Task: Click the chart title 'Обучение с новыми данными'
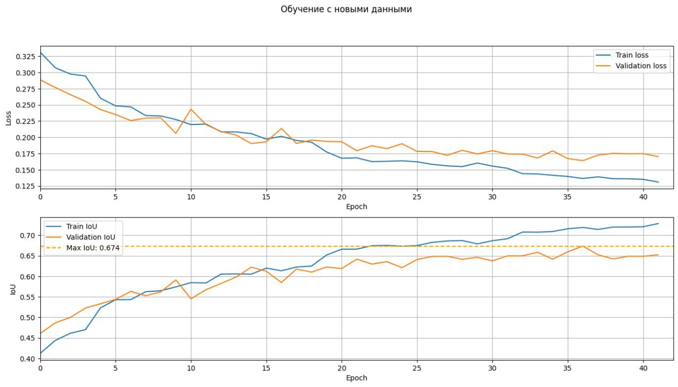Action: (346, 9)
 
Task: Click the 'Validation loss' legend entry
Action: (640, 66)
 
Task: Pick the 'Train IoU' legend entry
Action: (82, 227)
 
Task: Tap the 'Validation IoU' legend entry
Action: (90, 237)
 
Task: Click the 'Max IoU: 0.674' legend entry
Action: (93, 248)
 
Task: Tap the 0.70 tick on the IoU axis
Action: (29, 236)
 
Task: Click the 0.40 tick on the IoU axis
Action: (29, 359)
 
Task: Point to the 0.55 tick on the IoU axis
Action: (29, 297)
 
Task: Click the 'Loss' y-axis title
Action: (8, 118)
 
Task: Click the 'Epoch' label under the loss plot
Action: (356, 206)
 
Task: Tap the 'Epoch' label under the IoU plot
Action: (356, 378)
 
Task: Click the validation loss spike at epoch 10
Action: (191, 110)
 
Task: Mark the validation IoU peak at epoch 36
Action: (583, 246)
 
